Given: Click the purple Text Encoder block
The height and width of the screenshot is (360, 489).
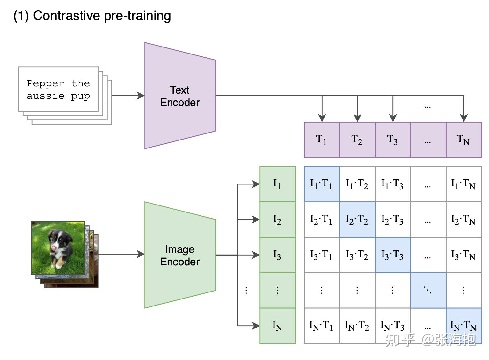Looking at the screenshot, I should point(180,96).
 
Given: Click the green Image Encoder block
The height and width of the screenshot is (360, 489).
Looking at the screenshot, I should point(180,255).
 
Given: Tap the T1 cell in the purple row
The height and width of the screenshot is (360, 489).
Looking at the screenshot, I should point(322,140).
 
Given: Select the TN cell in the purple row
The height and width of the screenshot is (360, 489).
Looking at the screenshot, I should point(463,140).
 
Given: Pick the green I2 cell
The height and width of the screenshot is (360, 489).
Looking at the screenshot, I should point(277,220).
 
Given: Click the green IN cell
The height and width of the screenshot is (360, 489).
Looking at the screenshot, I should point(277,326).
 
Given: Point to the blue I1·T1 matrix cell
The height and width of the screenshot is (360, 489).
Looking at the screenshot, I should point(322,184).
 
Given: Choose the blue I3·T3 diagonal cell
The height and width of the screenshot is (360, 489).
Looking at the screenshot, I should point(393,255).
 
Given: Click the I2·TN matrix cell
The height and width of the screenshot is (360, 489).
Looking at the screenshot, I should point(463,220).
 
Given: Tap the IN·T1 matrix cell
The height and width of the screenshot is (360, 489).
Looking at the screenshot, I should point(322,326).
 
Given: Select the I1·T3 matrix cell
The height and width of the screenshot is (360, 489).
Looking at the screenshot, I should point(393,184).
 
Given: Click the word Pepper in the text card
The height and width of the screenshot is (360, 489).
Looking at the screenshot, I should point(46,83).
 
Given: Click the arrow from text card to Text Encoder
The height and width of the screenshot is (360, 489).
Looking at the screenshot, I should point(128,95).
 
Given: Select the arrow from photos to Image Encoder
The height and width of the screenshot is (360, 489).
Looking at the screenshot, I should point(121,254).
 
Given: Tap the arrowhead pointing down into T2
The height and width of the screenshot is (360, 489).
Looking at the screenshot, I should point(357,118).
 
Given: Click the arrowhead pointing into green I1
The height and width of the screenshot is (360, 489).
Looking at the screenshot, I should point(256,184).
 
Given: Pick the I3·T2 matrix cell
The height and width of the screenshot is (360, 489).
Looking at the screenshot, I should point(357,255).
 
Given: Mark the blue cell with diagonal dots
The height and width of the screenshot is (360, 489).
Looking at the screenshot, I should point(428,290).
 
